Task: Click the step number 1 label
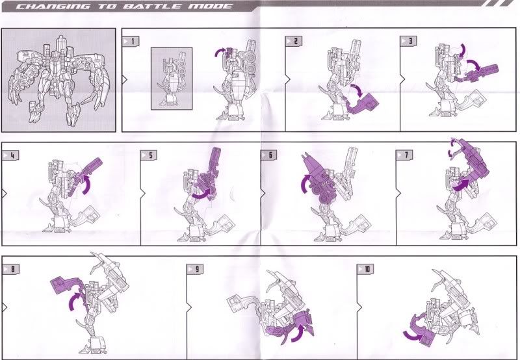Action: click(131, 42)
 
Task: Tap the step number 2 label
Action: click(294, 41)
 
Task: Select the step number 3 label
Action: click(409, 41)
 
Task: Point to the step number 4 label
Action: click(10, 155)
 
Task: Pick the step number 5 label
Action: click(149, 155)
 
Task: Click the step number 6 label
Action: click(268, 155)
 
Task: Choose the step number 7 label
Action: click(404, 155)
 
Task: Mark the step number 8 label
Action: click(11, 269)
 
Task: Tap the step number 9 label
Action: click(194, 269)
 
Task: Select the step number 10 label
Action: click(365, 269)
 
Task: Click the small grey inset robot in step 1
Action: click(172, 79)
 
